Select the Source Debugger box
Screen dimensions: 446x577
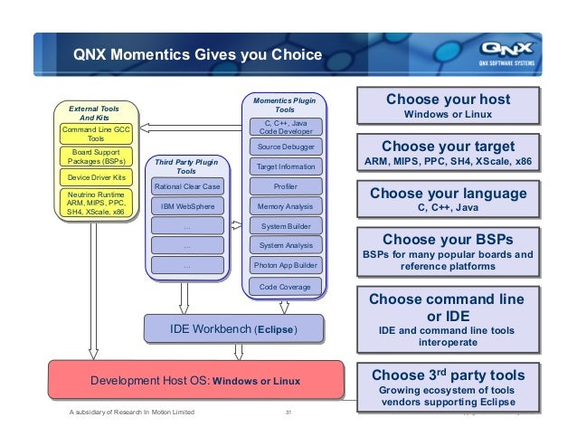(x=285, y=146)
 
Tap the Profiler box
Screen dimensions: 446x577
(x=285, y=185)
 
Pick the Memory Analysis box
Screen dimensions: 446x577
(x=285, y=206)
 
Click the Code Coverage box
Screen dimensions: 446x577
(x=285, y=287)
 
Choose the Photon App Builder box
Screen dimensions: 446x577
(x=285, y=266)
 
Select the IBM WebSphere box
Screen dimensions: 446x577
(x=186, y=206)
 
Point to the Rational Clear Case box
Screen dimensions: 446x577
(x=186, y=185)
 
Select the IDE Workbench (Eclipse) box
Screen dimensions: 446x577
(x=233, y=327)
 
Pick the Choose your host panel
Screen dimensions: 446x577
(x=448, y=106)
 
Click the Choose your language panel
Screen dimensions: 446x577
(x=448, y=200)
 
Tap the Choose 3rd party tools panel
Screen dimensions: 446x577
(x=448, y=386)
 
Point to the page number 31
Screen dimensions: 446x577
(x=288, y=413)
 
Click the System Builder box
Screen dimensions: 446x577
(x=285, y=225)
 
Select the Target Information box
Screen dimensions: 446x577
(x=285, y=166)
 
